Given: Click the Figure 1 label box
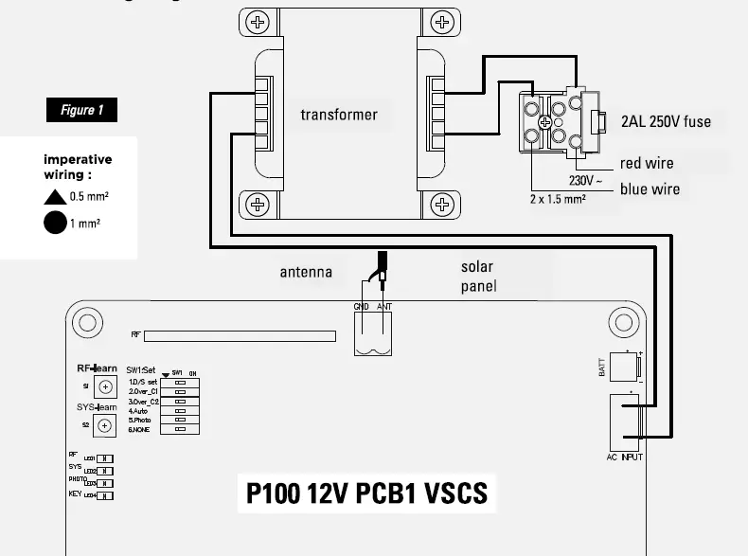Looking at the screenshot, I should pyautogui.click(x=82, y=110).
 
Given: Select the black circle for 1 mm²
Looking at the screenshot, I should pyautogui.click(x=54, y=224).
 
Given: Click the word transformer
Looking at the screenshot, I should pyautogui.click(x=339, y=116).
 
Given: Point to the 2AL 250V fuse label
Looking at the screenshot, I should pyautogui.click(x=665, y=121).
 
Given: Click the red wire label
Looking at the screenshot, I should pyautogui.click(x=647, y=164).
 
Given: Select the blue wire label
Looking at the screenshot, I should pyautogui.click(x=650, y=189).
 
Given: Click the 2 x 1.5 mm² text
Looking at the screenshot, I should pyautogui.click(x=557, y=199).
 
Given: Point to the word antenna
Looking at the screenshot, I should pyautogui.click(x=306, y=273).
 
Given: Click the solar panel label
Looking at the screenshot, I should pyautogui.click(x=478, y=277).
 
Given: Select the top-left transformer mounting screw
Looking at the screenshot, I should pyautogui.click(x=257, y=23).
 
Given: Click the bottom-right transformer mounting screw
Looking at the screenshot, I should pyautogui.click(x=439, y=204).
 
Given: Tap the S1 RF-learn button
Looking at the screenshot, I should pyautogui.click(x=105, y=387).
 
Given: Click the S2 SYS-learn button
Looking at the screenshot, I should pyautogui.click(x=105, y=425).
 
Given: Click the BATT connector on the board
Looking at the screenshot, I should pyautogui.click(x=626, y=368).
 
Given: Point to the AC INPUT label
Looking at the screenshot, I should pyautogui.click(x=625, y=457).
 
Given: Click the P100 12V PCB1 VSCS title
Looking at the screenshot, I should pyautogui.click(x=366, y=494).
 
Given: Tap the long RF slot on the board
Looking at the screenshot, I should pyautogui.click(x=240, y=335).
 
